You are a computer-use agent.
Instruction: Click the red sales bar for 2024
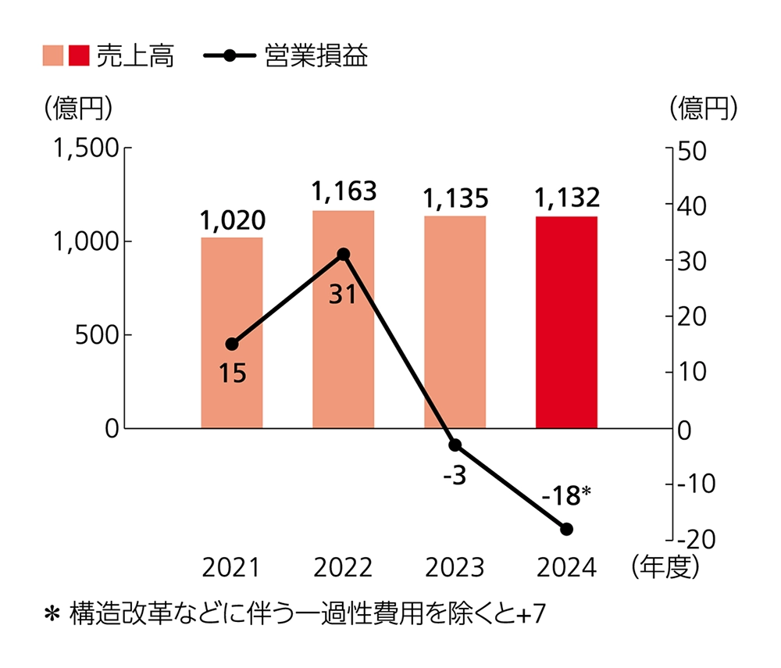pos(566,322)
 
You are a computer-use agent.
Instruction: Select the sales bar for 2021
pos(232,332)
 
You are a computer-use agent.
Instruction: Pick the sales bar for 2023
pos(455,322)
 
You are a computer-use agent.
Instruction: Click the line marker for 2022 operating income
pos(344,254)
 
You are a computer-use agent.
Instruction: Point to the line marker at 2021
pos(232,344)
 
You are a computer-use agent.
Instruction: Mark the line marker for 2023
pos(455,445)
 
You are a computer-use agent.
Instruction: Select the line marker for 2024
pos(567,529)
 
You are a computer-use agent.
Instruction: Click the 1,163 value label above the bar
pos(344,191)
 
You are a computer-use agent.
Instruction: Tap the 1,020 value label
pos(232,220)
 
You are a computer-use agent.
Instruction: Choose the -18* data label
pos(566,495)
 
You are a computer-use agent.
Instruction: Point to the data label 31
pos(341,295)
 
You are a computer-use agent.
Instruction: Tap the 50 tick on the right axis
pos(692,151)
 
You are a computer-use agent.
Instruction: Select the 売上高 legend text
pos(135,56)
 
